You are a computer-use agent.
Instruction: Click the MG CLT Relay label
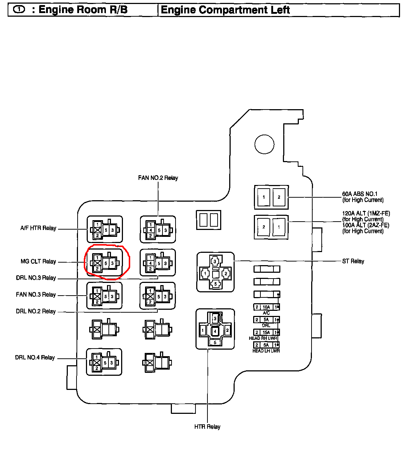coord(38,262)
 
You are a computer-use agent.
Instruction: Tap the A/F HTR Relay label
coord(38,228)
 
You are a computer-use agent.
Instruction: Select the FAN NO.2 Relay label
coord(158,178)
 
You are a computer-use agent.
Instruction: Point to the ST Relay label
coord(353,261)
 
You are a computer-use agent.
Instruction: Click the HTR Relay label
coord(207,427)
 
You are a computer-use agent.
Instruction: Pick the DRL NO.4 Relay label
coord(35,358)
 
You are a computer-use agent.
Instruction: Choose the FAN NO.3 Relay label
coord(36,295)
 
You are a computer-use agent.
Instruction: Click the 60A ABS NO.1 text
coord(360,194)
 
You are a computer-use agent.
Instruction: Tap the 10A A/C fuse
coord(267,307)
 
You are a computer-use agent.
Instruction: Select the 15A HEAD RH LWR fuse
coord(267,332)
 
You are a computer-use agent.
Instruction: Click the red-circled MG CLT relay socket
coord(105,263)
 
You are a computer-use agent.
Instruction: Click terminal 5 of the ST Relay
coord(215,284)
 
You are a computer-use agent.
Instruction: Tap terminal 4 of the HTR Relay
coord(215,331)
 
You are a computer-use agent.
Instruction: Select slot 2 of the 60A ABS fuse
coord(279,197)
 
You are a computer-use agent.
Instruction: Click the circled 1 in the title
coord(19,9)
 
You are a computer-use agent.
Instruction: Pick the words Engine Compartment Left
coord(225,10)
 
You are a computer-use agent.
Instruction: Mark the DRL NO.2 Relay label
coord(36,311)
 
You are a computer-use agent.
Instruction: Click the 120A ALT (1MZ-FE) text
coord(366,213)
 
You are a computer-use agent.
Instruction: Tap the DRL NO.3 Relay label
coord(36,278)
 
